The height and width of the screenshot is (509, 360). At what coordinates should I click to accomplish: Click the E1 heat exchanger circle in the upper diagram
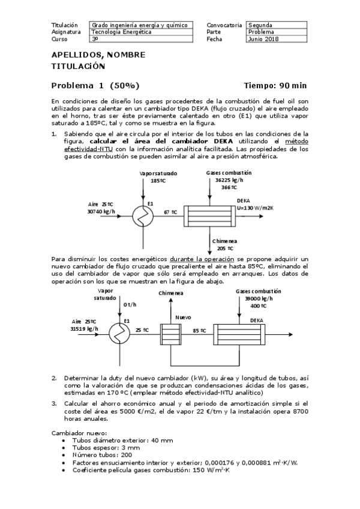[142, 213]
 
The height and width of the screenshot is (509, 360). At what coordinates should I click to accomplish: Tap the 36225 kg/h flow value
[229, 179]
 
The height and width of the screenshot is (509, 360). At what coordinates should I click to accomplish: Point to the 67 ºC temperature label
[170, 212]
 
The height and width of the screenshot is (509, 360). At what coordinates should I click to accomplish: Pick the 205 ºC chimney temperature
[226, 248]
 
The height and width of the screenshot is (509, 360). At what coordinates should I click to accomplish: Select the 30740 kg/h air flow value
[101, 211]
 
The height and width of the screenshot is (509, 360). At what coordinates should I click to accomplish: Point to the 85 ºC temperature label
[199, 330]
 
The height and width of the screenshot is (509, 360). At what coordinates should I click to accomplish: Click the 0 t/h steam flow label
[130, 304]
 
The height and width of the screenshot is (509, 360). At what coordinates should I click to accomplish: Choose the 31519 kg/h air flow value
[84, 329]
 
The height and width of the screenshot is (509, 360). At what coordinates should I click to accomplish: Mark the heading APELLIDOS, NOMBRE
[98, 55]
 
